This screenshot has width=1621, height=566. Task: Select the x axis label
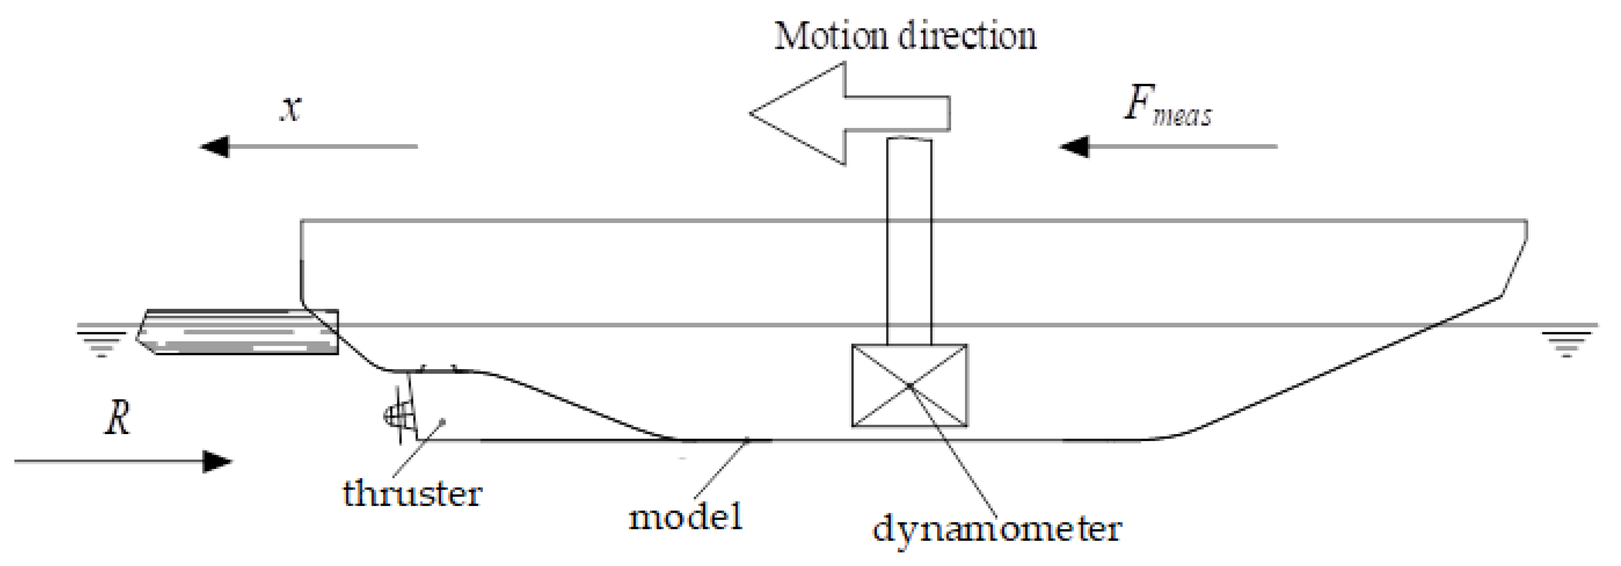(x=291, y=109)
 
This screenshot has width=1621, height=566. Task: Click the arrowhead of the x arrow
(x=214, y=147)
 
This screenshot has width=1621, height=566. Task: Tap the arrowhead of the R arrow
(x=218, y=462)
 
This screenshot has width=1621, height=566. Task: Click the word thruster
(x=412, y=493)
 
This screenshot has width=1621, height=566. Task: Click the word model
(x=686, y=518)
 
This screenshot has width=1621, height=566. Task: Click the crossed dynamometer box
(x=909, y=385)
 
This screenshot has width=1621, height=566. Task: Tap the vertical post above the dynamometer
(x=909, y=239)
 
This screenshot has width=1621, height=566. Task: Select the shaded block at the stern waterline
(x=239, y=332)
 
